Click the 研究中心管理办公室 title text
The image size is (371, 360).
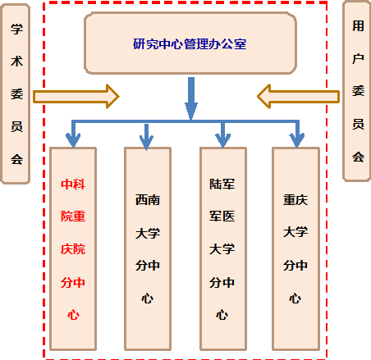190,44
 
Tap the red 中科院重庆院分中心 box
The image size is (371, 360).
73,248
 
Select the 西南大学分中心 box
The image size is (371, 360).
148,248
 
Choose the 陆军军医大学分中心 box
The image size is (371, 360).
223,248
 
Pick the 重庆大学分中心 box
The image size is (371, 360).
295,248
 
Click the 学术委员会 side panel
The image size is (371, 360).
16,93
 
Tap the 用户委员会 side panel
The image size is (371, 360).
357,91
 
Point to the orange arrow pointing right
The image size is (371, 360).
76,97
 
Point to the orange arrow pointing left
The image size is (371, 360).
299,97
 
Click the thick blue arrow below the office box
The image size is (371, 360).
191,98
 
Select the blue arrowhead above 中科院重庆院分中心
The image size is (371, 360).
73,140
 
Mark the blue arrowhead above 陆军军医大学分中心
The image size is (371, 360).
223,140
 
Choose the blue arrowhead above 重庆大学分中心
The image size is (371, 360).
297,140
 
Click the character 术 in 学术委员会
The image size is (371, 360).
16,61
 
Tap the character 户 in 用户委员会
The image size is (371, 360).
358,58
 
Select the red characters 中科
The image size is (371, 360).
73,184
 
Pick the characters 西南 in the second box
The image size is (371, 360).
148,200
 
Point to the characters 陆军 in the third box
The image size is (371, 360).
222,184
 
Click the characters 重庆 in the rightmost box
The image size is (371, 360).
295,200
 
